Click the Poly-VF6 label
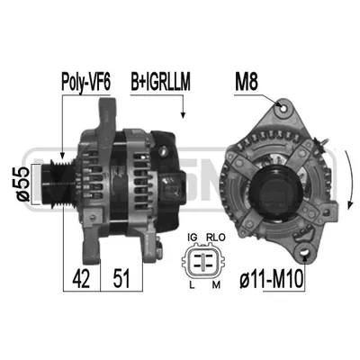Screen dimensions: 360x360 (86, 82)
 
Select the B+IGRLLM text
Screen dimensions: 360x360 (160, 82)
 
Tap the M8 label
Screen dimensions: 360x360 (247, 82)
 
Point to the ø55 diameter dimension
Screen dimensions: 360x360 (23, 184)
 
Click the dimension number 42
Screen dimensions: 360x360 (81, 278)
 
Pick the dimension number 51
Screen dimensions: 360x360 (121, 278)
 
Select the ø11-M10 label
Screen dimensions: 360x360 (272, 280)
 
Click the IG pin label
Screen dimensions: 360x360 (193, 238)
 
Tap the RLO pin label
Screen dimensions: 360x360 (216, 238)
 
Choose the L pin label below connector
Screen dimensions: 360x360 (192, 284)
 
